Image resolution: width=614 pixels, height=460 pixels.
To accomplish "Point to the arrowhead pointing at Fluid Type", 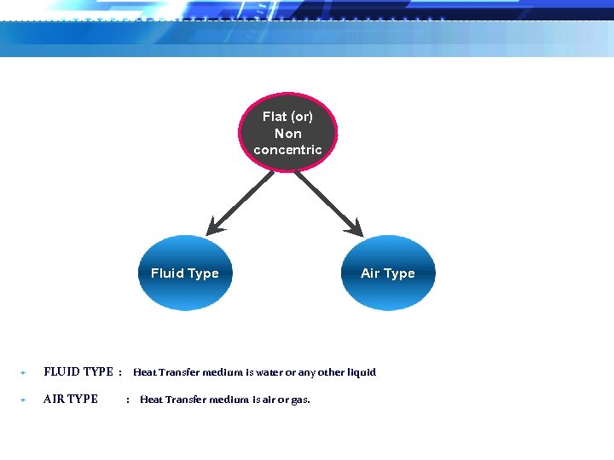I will pyautogui.click(x=214, y=227).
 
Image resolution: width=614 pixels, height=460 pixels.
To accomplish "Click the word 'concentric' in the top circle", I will pyautogui.click(x=288, y=150).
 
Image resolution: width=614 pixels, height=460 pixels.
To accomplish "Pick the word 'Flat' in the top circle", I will pyautogui.click(x=275, y=117).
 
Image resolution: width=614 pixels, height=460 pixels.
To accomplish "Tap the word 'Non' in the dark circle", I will pyautogui.click(x=288, y=133).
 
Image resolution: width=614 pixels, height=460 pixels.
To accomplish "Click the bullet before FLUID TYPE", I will pyautogui.click(x=23, y=373).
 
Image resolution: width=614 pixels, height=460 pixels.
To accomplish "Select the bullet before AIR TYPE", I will pyautogui.click(x=23, y=400).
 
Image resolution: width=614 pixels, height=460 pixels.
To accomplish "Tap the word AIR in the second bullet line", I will pyautogui.click(x=53, y=399).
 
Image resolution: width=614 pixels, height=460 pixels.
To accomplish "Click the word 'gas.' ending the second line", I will pyautogui.click(x=300, y=400).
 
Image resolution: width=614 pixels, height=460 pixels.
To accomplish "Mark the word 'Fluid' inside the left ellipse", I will pyautogui.click(x=166, y=273).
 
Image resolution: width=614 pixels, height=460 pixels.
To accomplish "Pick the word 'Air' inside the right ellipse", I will pyautogui.click(x=370, y=273).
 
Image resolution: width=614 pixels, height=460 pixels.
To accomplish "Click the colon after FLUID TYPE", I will pyautogui.click(x=120, y=372).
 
